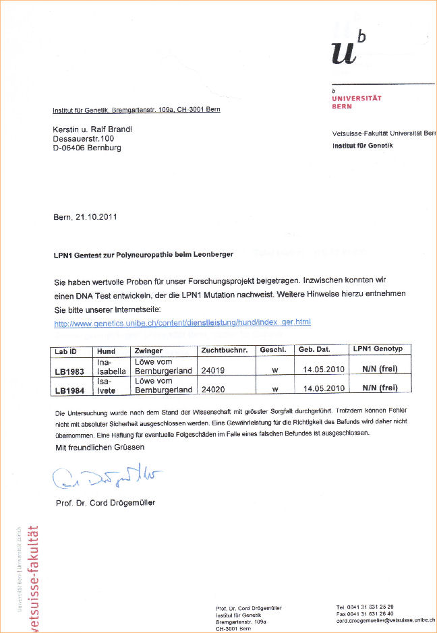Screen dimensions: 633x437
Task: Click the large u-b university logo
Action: (349, 47)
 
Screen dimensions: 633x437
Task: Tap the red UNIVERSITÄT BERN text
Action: (357, 102)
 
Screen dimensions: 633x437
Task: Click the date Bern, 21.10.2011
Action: (85, 217)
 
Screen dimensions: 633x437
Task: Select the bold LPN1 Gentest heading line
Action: (144, 255)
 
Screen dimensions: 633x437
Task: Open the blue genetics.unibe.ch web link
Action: (182, 323)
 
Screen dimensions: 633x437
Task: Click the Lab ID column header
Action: (66, 351)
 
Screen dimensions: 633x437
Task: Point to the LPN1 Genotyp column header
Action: (378, 349)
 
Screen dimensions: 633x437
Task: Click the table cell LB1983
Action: (70, 371)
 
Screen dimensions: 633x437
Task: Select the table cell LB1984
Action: (70, 390)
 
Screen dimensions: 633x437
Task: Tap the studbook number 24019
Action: (212, 370)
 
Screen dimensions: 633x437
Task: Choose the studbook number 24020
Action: (212, 389)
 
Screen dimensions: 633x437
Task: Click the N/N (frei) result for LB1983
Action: (379, 369)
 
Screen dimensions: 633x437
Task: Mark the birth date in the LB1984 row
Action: (324, 388)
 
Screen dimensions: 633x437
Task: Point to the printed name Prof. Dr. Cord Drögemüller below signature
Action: (105, 503)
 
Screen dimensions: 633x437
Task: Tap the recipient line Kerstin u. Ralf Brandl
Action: (92, 129)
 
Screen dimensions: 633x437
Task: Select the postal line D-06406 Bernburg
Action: (87, 148)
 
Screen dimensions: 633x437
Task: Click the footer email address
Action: (386, 621)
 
